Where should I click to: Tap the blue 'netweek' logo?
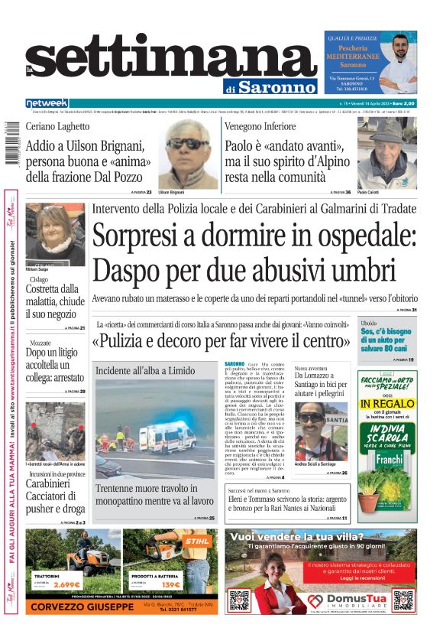pyautogui.click(x=47, y=103)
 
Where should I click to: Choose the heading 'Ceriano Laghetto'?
pyautogui.click(x=57, y=126)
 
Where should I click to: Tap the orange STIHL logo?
pyautogui.click(x=196, y=543)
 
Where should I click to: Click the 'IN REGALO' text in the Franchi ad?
pyautogui.click(x=387, y=404)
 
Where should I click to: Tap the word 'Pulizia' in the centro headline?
pyautogui.click(x=127, y=340)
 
